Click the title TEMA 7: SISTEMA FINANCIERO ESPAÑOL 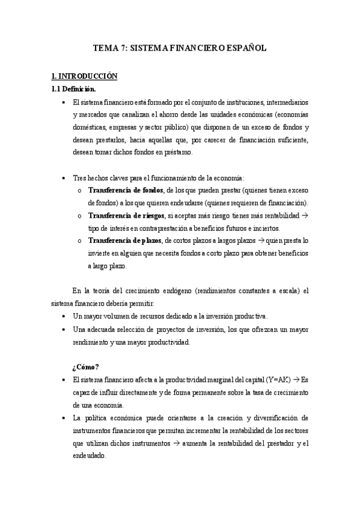[x=180, y=48]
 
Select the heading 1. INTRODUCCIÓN [x=84, y=76]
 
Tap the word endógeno [x=180, y=291]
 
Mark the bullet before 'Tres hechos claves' [x=64, y=177]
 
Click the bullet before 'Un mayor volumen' [x=64, y=316]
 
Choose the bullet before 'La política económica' [x=64, y=418]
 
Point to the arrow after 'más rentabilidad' [x=305, y=215]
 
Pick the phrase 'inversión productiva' [x=237, y=316]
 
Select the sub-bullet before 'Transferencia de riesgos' [x=81, y=215]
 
